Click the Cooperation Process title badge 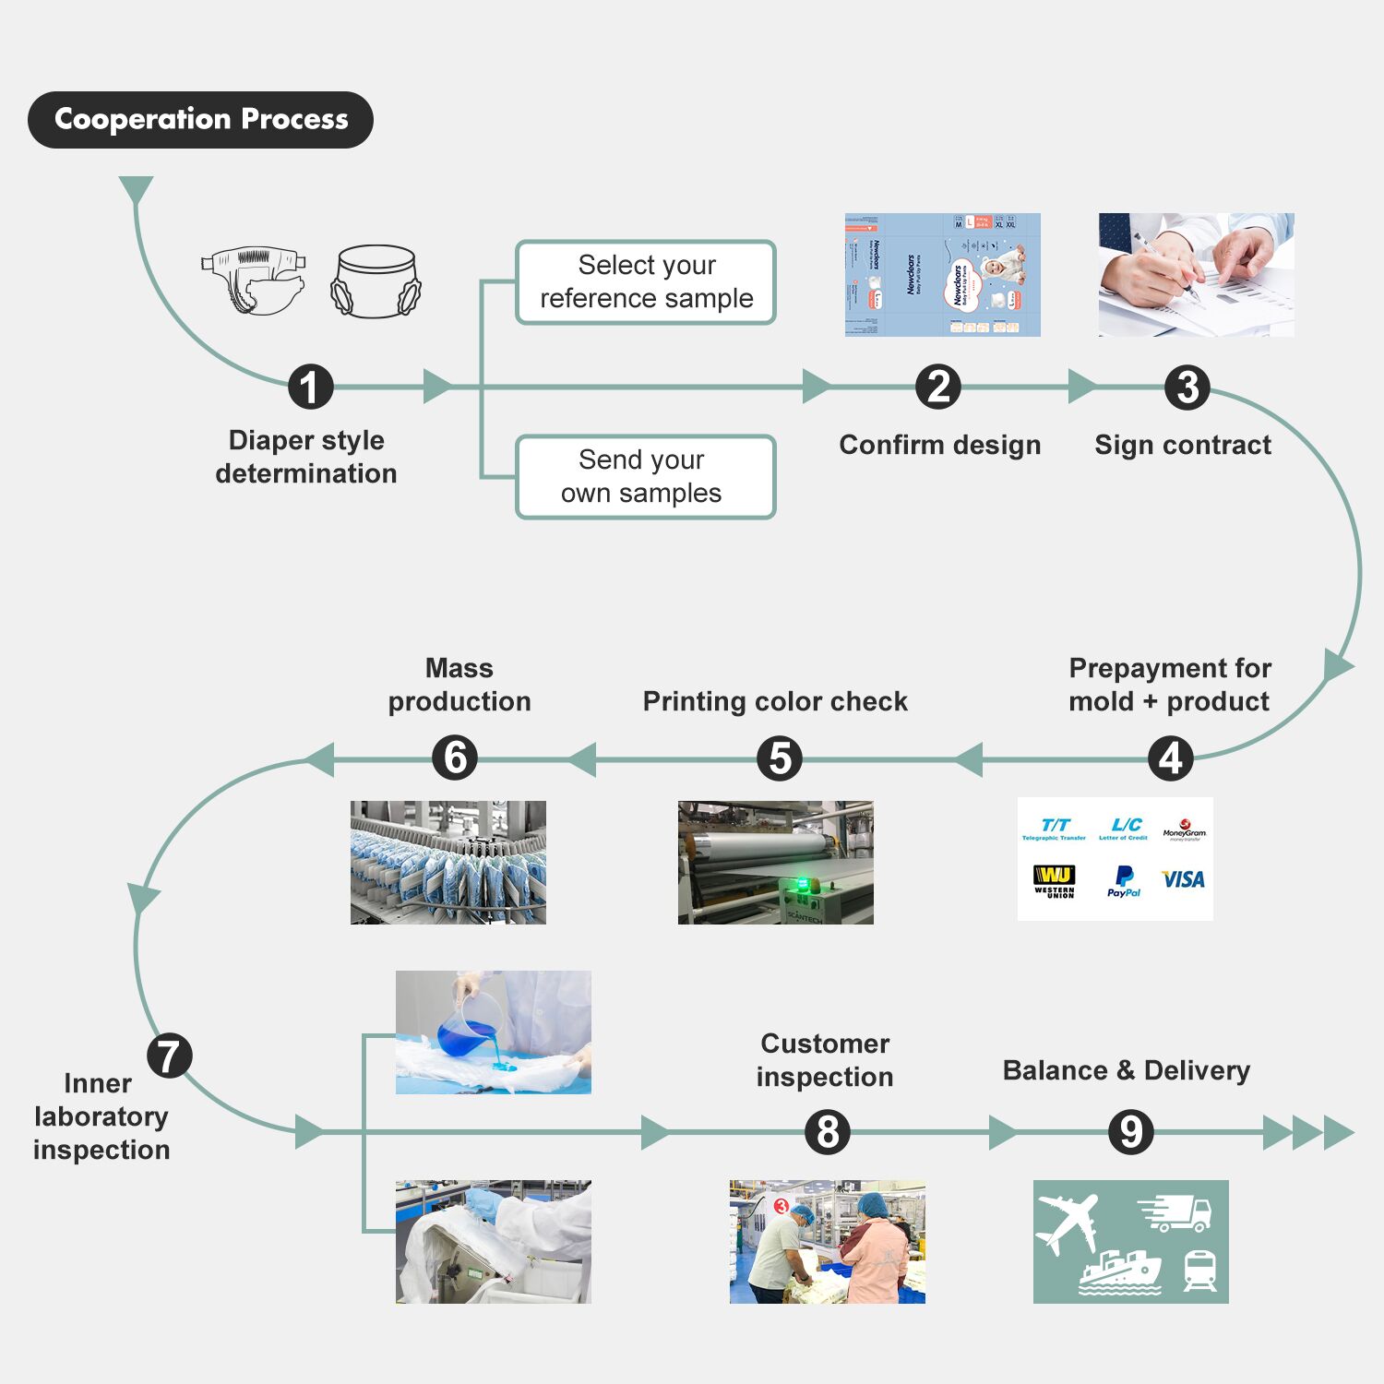point(200,120)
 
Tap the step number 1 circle point(310,387)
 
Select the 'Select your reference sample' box point(646,282)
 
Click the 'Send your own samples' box point(646,477)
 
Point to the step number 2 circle point(938,387)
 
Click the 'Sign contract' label point(1183,445)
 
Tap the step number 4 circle point(1171,758)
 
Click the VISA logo point(1183,879)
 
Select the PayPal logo point(1124,881)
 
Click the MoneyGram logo point(1184,829)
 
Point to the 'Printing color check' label point(775,701)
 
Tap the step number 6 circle point(455,758)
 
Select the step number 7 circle point(170,1056)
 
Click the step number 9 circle point(1130,1131)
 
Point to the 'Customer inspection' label point(825,1060)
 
